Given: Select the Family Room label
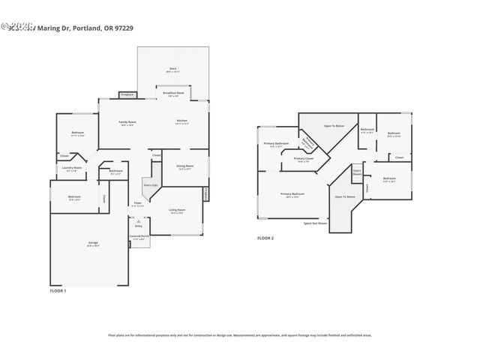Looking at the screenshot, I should (127, 123).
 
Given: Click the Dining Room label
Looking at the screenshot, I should (184, 167).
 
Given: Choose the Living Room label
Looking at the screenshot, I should (177, 211).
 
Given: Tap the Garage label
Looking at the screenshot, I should (93, 244).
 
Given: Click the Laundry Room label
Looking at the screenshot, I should (72, 169).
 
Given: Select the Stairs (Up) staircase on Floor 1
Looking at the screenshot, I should (150, 184).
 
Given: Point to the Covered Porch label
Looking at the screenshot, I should (138, 237).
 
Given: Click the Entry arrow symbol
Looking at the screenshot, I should (138, 222).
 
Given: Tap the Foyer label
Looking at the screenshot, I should (138, 203).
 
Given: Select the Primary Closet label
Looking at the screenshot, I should (303, 160).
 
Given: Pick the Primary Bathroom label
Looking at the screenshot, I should (275, 144).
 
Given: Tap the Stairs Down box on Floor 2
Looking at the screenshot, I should (357, 174).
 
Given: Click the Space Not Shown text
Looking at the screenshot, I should (315, 223).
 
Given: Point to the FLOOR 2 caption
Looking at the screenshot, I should (265, 238).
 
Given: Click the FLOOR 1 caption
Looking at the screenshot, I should (58, 289).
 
